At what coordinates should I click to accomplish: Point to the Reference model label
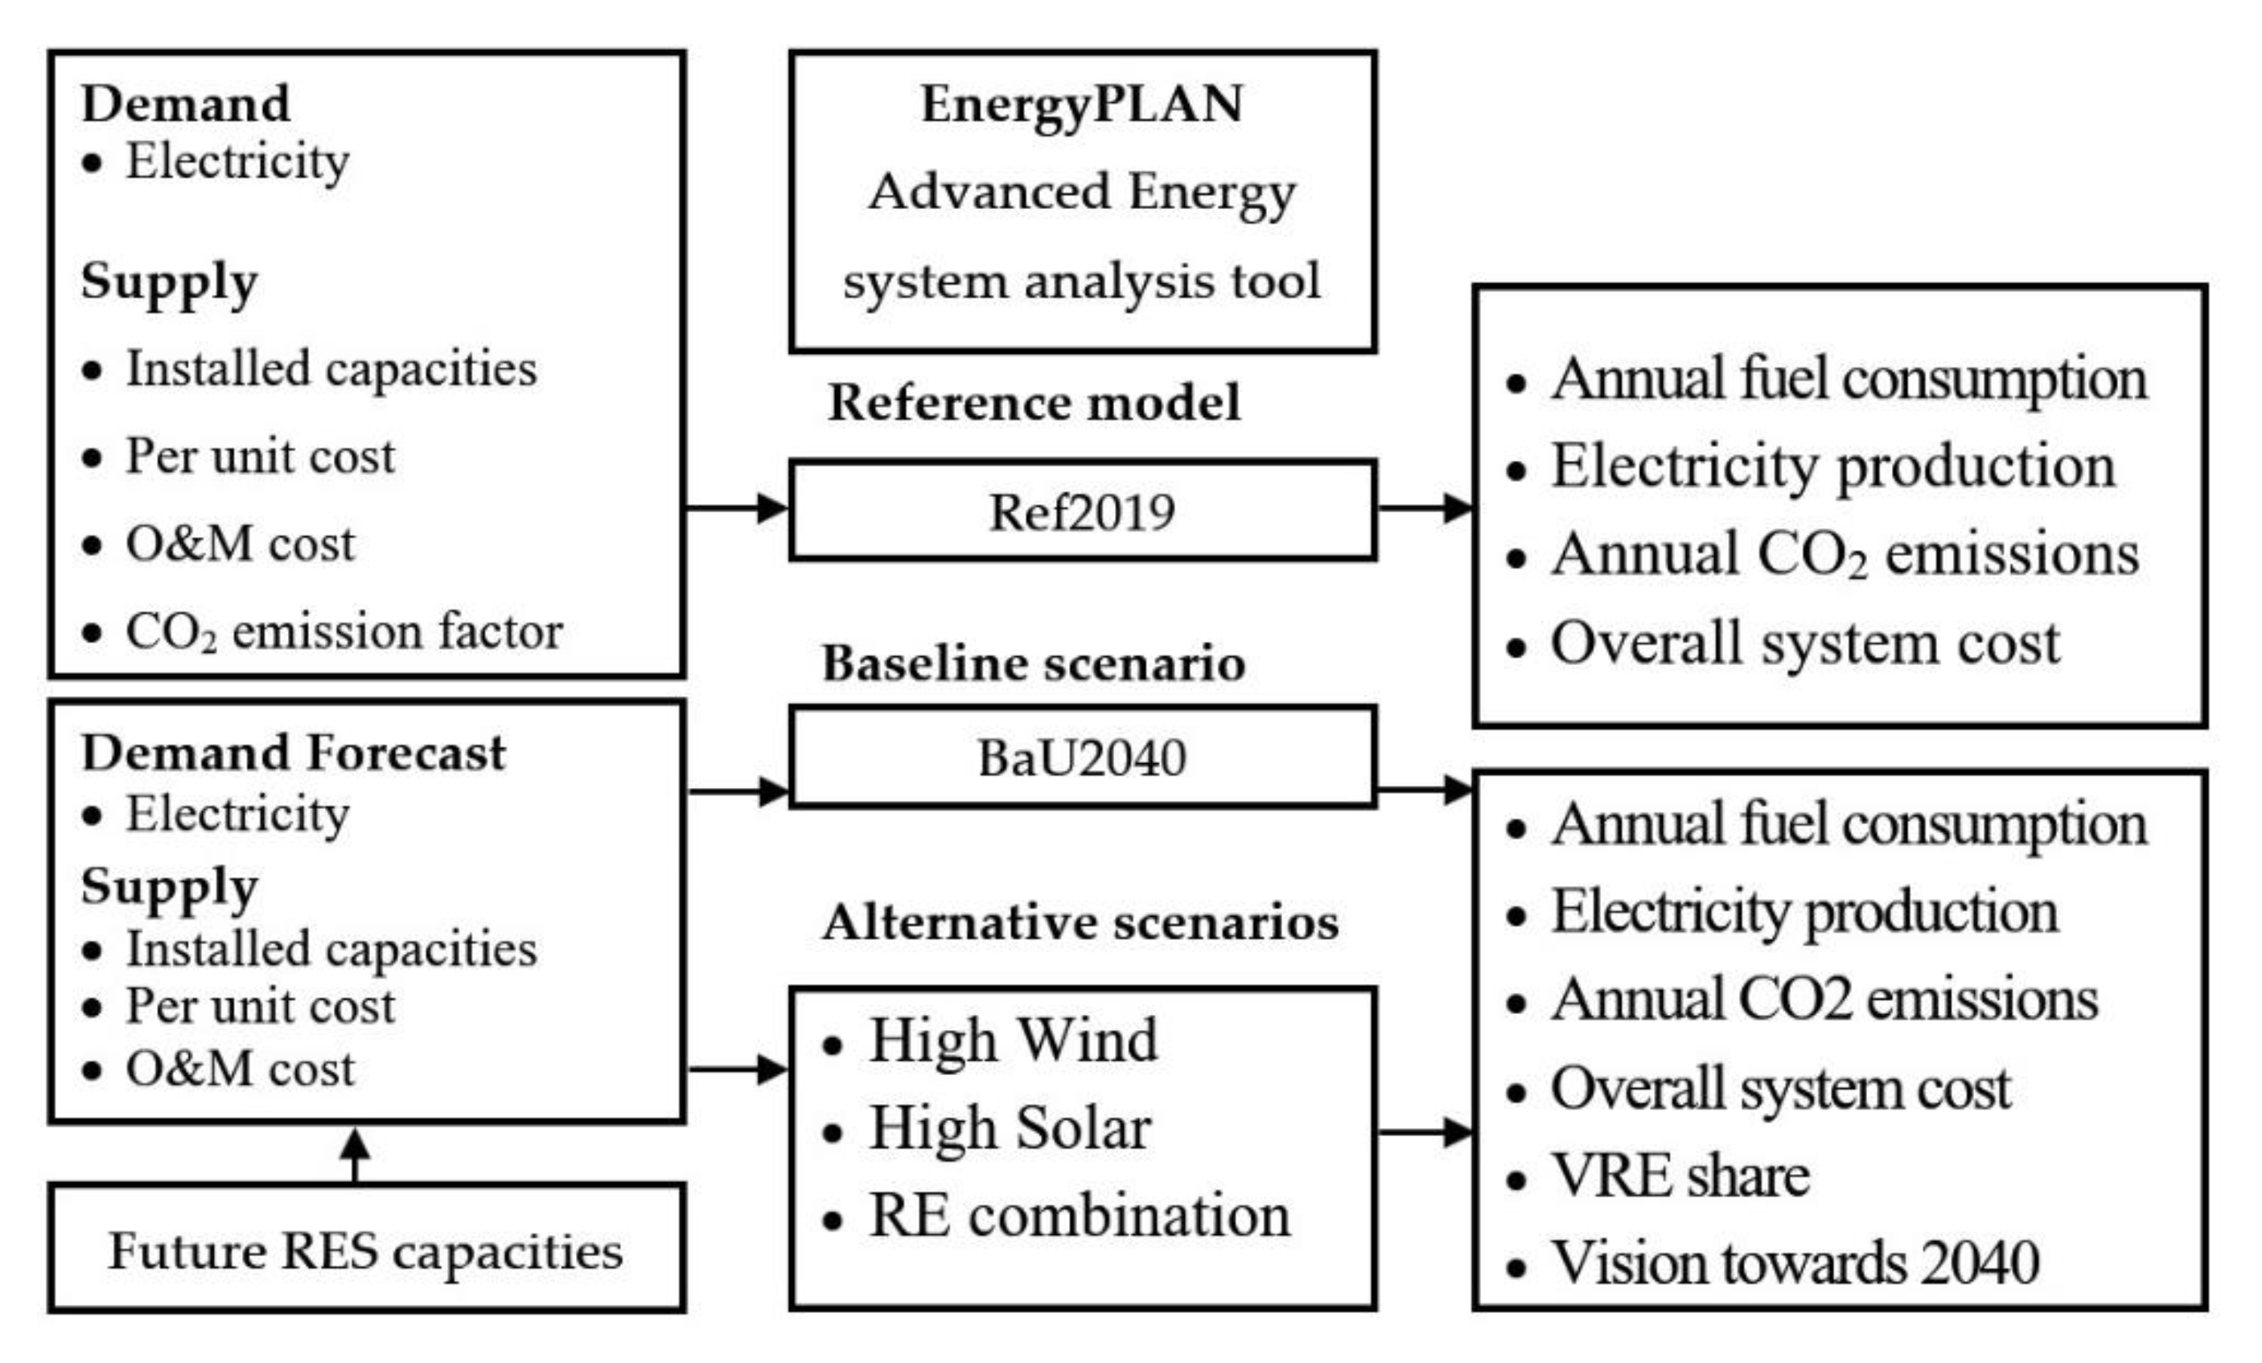[1034, 402]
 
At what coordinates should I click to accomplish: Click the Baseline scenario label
[1034, 663]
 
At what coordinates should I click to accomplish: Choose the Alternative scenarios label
[1080, 922]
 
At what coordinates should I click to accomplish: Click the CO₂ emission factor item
[343, 631]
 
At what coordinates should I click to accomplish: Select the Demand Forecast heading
[293, 753]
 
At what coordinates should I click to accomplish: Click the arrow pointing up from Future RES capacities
[356, 1155]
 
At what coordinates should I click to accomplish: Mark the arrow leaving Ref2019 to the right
[1425, 507]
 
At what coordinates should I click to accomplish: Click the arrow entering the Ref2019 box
[737, 507]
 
